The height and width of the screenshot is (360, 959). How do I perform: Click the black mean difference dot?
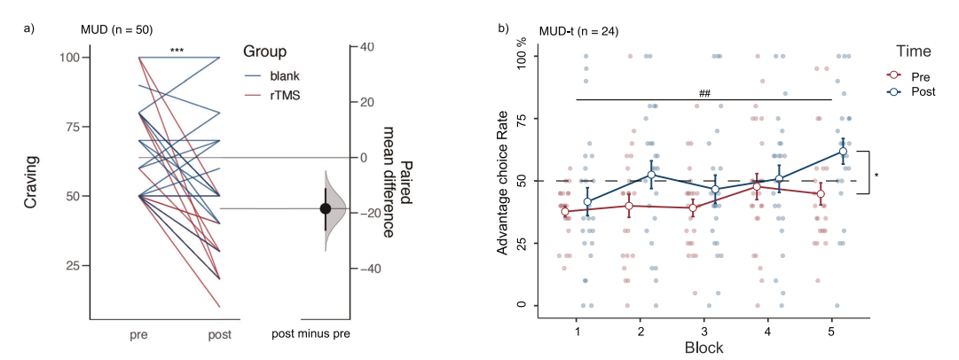(326, 208)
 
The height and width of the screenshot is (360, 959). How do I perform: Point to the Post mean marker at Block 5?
(843, 152)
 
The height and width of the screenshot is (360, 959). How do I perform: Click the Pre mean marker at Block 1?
(565, 212)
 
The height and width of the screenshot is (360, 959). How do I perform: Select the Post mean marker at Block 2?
(652, 175)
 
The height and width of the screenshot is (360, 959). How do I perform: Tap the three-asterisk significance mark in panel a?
(177, 51)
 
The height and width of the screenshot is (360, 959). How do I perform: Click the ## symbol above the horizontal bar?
(705, 92)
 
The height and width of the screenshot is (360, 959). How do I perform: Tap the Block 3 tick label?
(704, 331)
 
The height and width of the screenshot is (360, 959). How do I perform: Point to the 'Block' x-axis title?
(704, 348)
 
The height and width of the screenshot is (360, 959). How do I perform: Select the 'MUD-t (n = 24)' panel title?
(578, 31)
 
